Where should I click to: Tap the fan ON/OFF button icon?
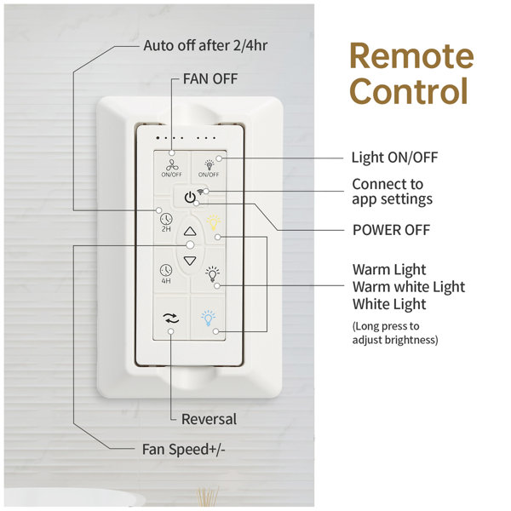tap(172, 165)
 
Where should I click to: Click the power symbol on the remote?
tap(190, 198)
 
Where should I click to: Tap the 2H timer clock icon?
tap(166, 219)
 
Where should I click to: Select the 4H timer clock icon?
tap(166, 270)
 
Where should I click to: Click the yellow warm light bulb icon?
tap(214, 222)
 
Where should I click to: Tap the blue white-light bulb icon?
tap(209, 318)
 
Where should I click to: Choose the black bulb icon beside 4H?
tap(212, 274)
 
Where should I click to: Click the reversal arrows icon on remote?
tap(172, 319)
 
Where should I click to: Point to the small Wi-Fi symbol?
tap(200, 192)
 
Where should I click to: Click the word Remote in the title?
tap(411, 55)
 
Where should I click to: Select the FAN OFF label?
tap(210, 79)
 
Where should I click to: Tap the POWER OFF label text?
tap(392, 230)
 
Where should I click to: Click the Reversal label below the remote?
tap(209, 419)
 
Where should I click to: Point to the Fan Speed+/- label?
tap(183, 450)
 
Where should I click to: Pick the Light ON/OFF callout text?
tap(394, 158)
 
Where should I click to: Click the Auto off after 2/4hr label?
tap(205, 46)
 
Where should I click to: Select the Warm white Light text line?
tap(409, 287)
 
